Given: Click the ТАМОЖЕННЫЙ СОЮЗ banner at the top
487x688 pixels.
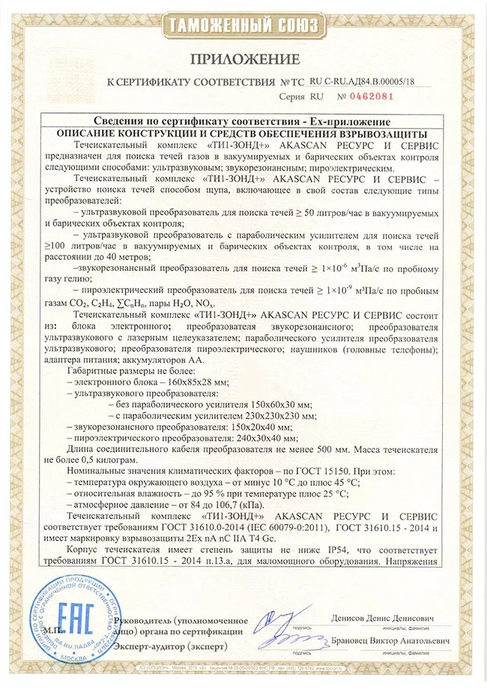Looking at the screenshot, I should [243, 25].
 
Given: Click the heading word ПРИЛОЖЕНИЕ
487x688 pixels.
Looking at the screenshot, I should [243, 59].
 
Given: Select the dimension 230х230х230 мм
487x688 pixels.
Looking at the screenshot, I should [278, 414].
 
